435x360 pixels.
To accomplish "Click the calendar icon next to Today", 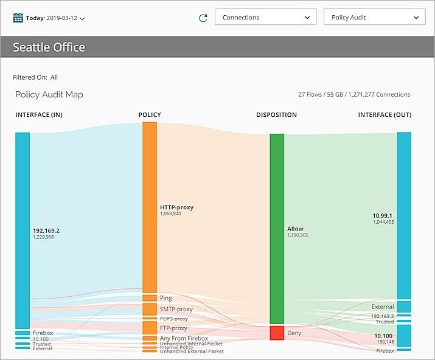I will pos(18,18).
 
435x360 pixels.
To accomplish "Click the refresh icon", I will pos(203,18).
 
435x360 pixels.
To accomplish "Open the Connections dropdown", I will pos(265,18).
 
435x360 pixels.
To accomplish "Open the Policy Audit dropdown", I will pos(374,18).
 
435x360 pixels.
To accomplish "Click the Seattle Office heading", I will pos(49,47).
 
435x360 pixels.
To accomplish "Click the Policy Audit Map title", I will pos(49,95).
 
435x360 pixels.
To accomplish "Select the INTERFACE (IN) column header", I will pos(39,115).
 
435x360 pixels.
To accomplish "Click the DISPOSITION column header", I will pos(276,115).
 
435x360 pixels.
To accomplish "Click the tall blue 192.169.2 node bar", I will pos(23,230).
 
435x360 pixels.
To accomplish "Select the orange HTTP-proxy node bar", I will pos(150,207).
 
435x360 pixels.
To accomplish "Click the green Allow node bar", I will pos(277,229).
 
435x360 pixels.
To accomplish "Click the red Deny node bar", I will pos(277,333).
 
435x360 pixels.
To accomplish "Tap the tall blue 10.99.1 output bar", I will pos(404,215).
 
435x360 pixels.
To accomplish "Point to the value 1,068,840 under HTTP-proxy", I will pos(170,214).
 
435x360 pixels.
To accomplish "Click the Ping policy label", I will pos(166,298).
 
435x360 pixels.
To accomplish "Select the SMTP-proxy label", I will pos(176,310).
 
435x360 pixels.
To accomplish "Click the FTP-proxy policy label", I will pos(173,328).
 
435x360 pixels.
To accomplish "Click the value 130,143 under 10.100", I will pos(385,342).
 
